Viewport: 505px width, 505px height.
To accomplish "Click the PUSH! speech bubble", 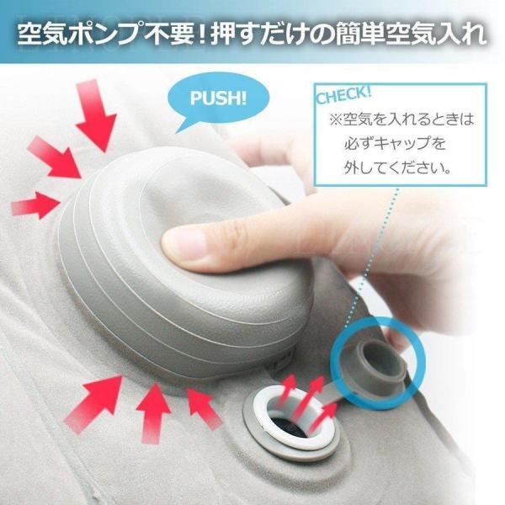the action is click(x=218, y=98).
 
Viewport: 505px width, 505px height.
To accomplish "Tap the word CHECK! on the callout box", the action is click(x=344, y=95).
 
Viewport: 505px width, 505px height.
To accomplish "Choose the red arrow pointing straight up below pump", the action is click(x=152, y=413).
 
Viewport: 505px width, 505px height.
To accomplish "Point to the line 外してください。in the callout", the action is click(x=397, y=167).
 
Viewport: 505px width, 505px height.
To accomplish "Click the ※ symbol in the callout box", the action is click(x=335, y=120).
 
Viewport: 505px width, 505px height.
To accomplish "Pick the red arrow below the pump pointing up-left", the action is click(x=204, y=408).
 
